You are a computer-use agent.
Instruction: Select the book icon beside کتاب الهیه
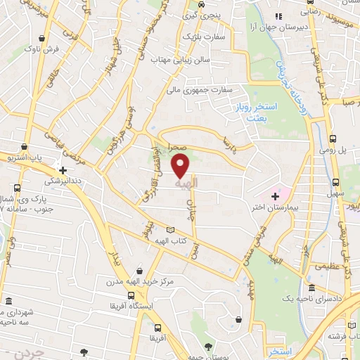click(169, 230)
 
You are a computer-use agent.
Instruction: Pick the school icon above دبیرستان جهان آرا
click(279, 16)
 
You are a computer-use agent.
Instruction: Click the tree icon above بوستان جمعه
click(208, 346)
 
